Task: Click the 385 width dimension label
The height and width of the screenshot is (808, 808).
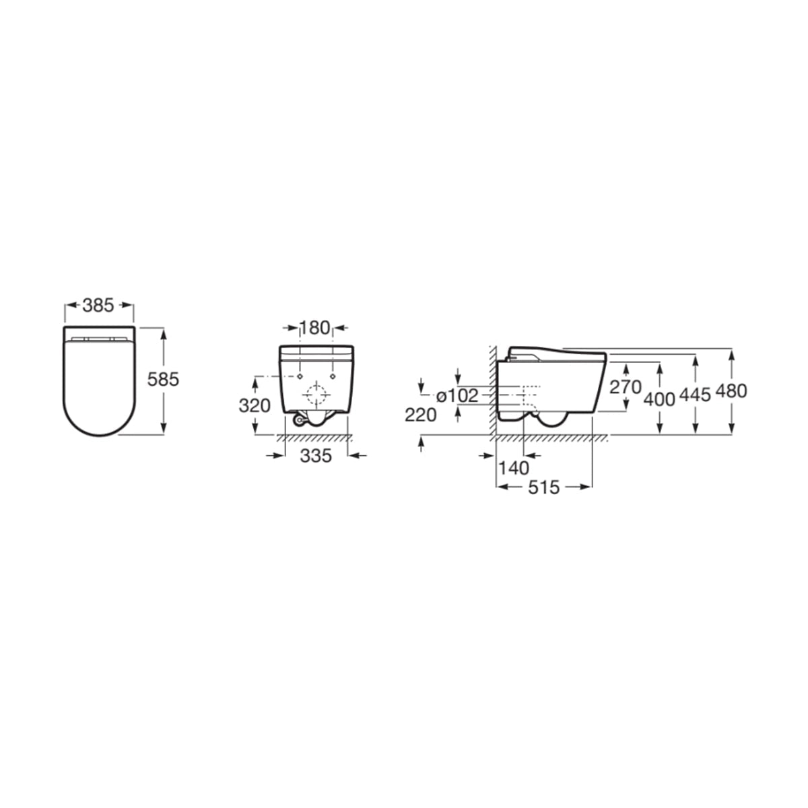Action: click(99, 306)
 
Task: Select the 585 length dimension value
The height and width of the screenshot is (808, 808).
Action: click(163, 380)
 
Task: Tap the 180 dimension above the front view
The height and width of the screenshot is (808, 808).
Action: click(315, 328)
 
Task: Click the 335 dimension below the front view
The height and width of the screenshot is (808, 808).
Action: click(316, 456)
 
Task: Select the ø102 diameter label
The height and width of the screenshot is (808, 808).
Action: click(457, 396)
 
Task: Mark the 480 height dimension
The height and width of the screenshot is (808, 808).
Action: click(731, 391)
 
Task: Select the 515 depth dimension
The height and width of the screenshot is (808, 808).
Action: click(543, 487)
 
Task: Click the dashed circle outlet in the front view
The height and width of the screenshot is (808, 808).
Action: click(316, 393)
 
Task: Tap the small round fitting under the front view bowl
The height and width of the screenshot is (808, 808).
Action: click(297, 420)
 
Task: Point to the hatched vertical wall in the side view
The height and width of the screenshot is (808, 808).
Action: click(493, 391)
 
